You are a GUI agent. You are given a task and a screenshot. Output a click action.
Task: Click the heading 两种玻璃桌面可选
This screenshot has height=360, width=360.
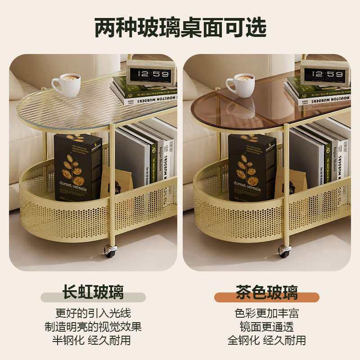coord(180,27)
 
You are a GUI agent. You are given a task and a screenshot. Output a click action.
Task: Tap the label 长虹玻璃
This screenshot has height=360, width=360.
coord(93,292)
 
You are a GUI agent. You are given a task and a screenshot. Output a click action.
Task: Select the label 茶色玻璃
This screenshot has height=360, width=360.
coord(266,292)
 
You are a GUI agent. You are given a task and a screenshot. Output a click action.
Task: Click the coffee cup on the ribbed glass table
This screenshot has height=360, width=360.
coord(66,85)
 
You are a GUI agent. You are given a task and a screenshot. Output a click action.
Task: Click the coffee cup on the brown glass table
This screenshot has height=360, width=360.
coord(239,85)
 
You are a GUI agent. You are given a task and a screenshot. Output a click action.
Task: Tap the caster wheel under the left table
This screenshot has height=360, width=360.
coord(110,251)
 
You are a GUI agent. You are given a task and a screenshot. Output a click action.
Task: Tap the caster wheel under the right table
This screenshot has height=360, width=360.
coord(284,251)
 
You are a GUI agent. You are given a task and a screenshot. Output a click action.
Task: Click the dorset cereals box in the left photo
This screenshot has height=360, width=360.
coord(78,166)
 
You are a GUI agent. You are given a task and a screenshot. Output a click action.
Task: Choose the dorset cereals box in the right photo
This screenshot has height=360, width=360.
coord(252,166)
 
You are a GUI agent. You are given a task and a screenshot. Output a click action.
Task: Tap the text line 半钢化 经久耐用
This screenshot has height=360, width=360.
coord(93,340)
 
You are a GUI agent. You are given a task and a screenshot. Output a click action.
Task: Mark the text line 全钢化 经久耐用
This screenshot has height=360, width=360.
coord(266,340)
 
